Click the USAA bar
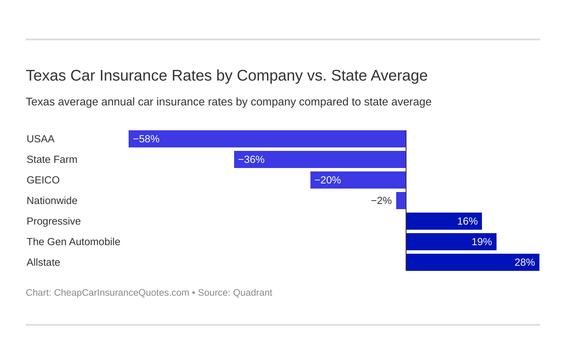pos(267,139)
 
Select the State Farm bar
pos(320,159)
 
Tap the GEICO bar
pos(358,180)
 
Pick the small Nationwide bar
pos(401,201)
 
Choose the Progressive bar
pos(444,221)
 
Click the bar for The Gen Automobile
pos(451,242)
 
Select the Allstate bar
pos(473,262)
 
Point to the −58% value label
pos(146,139)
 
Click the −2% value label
pos(381,201)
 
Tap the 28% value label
pos(524,262)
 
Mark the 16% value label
pos(467,221)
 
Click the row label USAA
pos(40,139)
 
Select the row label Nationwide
pos(52,201)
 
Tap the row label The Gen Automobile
pos(73,242)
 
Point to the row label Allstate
pos(43,262)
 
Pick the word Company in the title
pos(270,75)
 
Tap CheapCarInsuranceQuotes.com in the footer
pos(121,293)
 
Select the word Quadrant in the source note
pos(253,293)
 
